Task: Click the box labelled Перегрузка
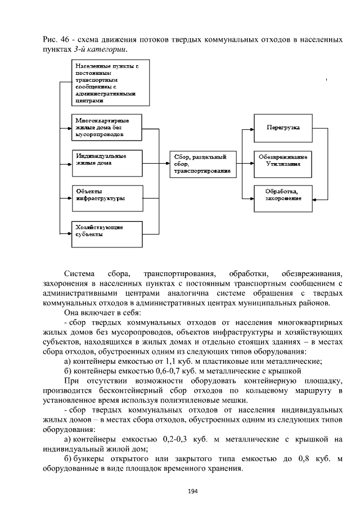click(x=283, y=129)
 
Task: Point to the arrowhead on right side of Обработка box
click(x=316, y=198)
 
